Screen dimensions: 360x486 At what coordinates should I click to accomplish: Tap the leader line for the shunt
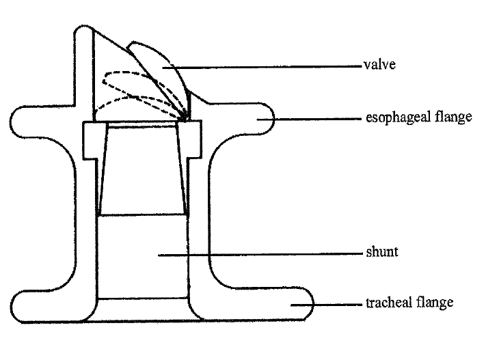[x=260, y=255]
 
